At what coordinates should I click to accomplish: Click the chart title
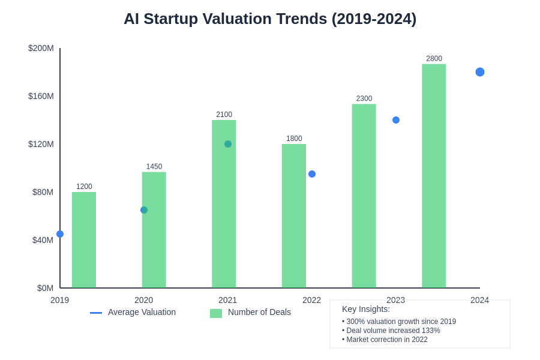[270, 19]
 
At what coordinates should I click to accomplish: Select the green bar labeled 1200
[84, 240]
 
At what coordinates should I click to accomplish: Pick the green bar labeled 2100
[224, 204]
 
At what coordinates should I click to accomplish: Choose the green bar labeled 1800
[294, 216]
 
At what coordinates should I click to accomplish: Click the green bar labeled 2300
[364, 196]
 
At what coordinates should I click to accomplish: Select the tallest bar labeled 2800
[434, 176]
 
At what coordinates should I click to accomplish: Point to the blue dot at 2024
[480, 72]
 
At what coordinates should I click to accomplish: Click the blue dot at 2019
[60, 234]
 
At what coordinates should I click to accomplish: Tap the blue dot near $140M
[396, 120]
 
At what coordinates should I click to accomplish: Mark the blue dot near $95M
[312, 174]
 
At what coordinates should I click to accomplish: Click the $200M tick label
[41, 48]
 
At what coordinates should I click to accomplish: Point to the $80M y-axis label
[43, 192]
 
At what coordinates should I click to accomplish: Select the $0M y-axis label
[45, 288]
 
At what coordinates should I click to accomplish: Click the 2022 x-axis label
[311, 300]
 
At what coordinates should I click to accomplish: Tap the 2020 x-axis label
[143, 300]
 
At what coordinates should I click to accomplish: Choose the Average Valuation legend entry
[142, 312]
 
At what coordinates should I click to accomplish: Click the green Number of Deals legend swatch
[216, 313]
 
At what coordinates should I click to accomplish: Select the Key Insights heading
[366, 309]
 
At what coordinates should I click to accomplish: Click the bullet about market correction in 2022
[385, 340]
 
